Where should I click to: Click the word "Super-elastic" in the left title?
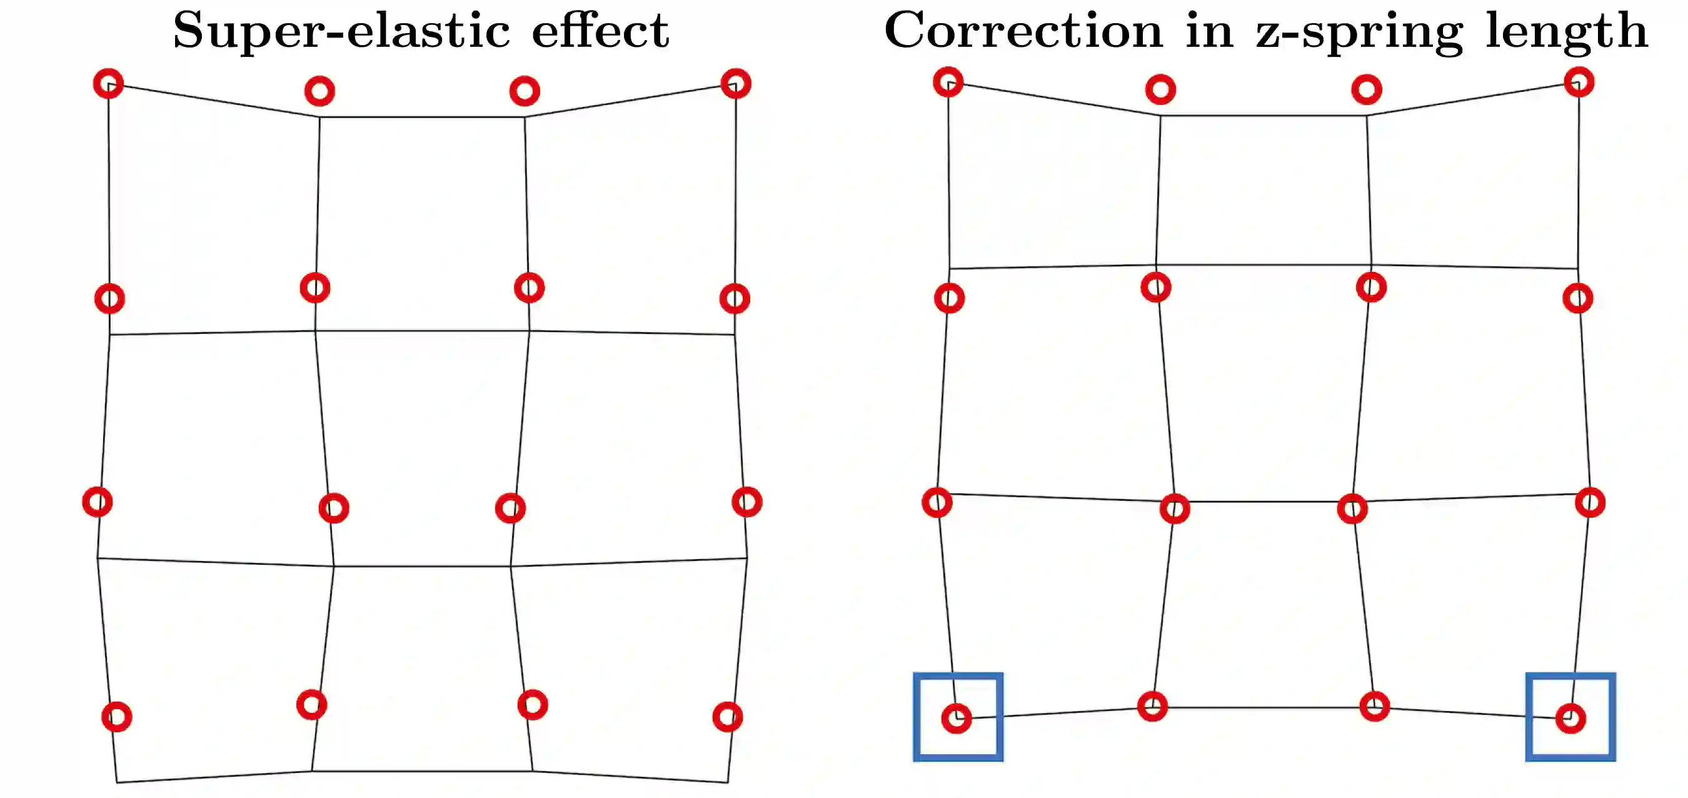[341, 31]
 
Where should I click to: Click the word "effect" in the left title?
[600, 31]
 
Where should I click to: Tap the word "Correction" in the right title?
[1023, 31]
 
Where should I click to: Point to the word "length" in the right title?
[1566, 31]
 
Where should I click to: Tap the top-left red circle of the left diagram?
[109, 84]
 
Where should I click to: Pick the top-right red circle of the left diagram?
[736, 84]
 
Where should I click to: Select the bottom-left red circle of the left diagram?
[117, 717]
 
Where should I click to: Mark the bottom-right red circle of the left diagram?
[727, 717]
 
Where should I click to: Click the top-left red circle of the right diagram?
[948, 83]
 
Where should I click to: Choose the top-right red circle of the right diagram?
[1579, 83]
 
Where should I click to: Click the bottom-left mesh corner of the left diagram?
[118, 782]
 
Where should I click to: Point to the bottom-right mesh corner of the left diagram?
[727, 782]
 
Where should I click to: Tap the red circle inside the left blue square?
[957, 719]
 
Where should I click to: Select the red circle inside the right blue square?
[1570, 719]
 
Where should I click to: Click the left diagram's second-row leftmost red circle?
[109, 299]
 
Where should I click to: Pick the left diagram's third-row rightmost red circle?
[747, 502]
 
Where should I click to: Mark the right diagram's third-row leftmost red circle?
[937, 503]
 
